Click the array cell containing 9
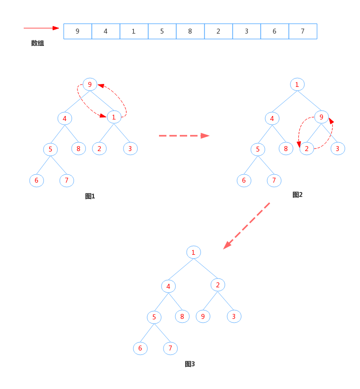[78, 31]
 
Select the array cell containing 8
[190, 31]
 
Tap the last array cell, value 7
[303, 31]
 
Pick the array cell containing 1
[134, 31]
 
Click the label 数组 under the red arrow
[38, 43]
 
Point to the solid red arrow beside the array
[41, 28]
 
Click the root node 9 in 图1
[90, 84]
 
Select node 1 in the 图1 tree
[114, 117]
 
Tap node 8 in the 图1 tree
[79, 149]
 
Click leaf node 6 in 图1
[37, 180]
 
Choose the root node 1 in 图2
[297, 84]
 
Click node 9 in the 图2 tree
[321, 117]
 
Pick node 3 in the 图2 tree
[338, 149]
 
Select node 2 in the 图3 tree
[218, 285]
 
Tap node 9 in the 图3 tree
[203, 316]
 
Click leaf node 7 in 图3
[170, 348]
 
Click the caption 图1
[90, 196]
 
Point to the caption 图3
[190, 364]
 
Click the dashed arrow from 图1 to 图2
[184, 136]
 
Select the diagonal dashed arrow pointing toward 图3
[246, 226]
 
